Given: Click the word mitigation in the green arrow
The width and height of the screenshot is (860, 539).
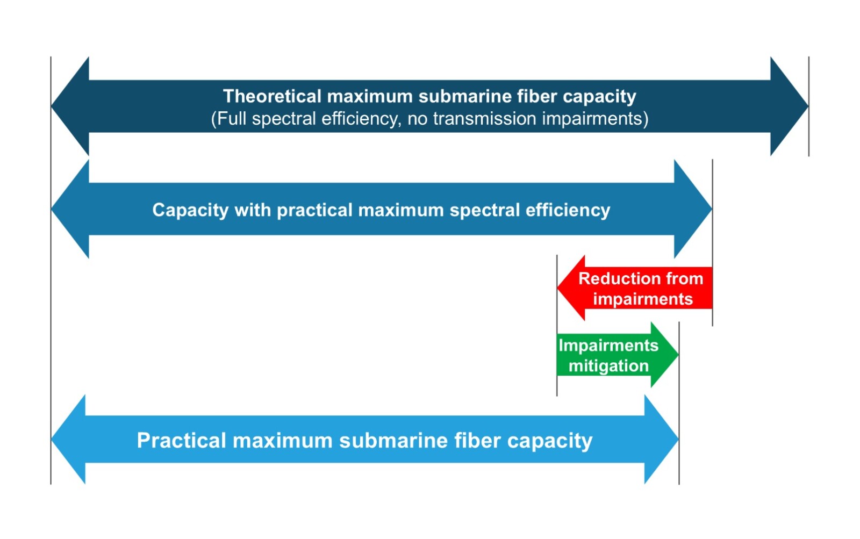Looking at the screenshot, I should (608, 366).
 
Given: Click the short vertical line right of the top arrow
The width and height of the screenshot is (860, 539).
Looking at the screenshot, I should (808, 106).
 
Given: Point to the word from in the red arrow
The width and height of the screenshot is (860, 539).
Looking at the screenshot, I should (684, 278).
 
